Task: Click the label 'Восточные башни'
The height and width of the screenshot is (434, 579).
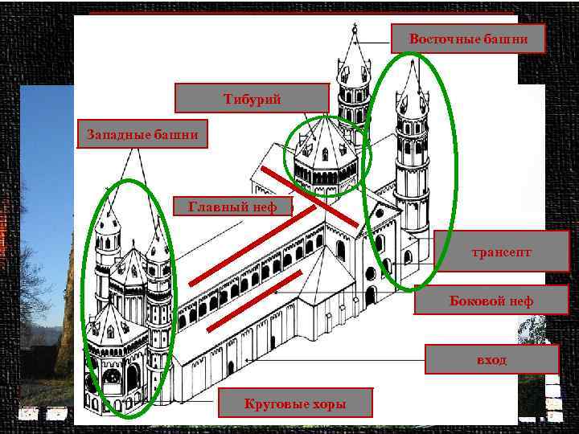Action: pos(468,39)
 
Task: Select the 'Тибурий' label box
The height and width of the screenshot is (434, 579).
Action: pos(252,98)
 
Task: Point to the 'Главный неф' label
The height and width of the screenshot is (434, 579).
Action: pos(232,207)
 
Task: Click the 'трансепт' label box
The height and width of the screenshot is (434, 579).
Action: pos(501,252)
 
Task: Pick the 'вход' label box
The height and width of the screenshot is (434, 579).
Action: pos(491,359)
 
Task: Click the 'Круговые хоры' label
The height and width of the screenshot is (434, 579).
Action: pos(295,403)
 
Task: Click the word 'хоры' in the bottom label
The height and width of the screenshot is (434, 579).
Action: pos(328,403)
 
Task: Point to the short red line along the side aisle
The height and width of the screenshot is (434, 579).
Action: pos(253,301)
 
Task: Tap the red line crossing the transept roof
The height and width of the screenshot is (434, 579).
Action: pos(310,196)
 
